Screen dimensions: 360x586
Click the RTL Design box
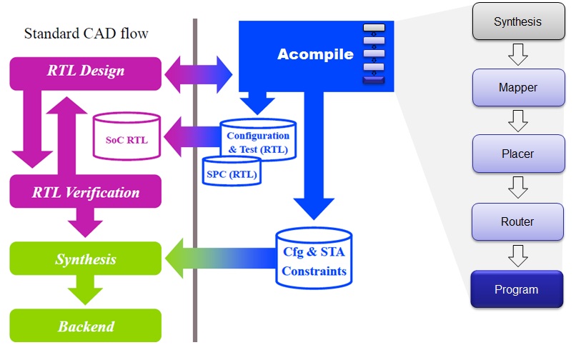[85, 71]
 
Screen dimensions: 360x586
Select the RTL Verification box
[85, 192]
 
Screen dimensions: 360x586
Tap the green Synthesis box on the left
[85, 259]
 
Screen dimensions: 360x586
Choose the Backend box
[85, 326]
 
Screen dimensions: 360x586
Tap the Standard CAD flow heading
[86, 33]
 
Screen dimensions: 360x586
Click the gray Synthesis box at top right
[517, 21]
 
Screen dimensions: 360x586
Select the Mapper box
[517, 88]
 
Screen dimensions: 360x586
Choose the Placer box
[517, 154]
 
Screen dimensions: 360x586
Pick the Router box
[517, 221]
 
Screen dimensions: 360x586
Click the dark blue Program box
[517, 289]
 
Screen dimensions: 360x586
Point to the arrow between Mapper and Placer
[517, 121]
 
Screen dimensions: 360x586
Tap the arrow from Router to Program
[517, 255]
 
